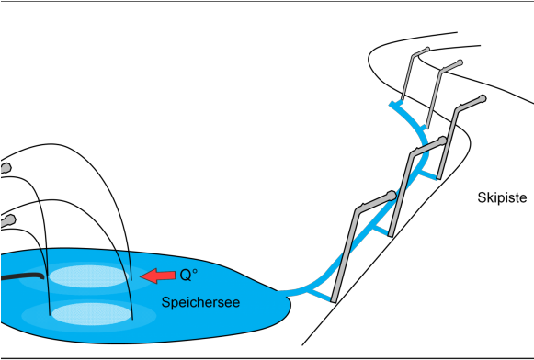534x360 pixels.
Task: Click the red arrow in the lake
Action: click(157, 275)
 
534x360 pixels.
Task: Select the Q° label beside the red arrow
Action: click(187, 275)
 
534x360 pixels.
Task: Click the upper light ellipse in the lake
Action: click(89, 276)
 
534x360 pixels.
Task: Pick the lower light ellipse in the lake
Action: click(91, 314)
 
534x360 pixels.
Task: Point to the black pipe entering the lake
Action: click(22, 276)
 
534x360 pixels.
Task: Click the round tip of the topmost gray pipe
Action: click(426, 50)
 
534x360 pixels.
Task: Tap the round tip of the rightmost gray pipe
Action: click(483, 98)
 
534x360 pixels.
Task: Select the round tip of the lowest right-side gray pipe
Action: click(392, 195)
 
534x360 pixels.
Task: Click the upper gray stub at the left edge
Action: click(5, 168)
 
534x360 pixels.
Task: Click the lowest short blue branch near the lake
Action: click(319, 293)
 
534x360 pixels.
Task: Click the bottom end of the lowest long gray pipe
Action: click(334, 299)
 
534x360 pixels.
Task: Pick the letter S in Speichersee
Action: click(165, 302)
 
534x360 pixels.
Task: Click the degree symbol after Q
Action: click(195, 270)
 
